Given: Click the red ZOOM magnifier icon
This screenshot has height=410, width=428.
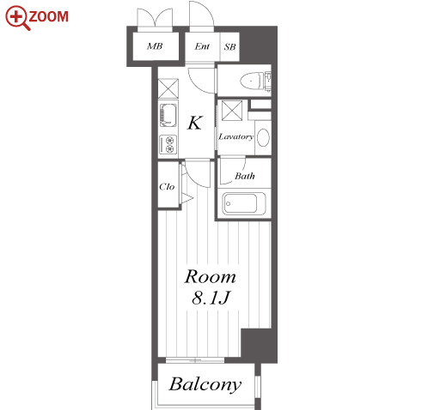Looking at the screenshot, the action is pos(18,18).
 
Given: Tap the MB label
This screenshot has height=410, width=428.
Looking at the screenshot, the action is pos(155,46).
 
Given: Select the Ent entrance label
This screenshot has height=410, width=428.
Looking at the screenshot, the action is pos(202,46).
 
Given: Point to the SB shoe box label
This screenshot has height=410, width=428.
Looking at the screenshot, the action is pos(229,47).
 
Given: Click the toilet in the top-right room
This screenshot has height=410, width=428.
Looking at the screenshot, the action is pos(253,81).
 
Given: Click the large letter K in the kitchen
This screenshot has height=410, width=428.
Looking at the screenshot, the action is pos(195,123).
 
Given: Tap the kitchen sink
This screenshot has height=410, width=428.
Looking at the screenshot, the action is pos(168,115).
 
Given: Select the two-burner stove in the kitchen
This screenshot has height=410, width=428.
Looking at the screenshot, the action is pos(168,144).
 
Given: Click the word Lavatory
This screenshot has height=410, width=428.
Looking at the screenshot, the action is pos(236,137).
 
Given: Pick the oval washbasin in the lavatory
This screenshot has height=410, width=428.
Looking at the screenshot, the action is pos(263,137).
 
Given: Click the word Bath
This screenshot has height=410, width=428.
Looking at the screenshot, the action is pos(245,176).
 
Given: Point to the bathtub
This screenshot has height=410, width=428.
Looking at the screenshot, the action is pos(244,203).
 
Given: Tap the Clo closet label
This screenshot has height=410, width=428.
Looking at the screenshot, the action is pos(167,187).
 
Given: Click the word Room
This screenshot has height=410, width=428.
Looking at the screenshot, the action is pos(210,277).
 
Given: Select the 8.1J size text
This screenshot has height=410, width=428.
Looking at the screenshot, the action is pos(211,298).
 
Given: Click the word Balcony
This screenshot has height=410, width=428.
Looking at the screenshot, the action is pos(205,384).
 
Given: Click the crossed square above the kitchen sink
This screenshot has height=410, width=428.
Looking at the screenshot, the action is pos(168,88).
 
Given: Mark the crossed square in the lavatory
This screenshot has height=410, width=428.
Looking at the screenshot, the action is pos(232,111).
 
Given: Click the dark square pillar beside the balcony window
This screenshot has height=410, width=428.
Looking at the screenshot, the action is pos(259,346).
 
